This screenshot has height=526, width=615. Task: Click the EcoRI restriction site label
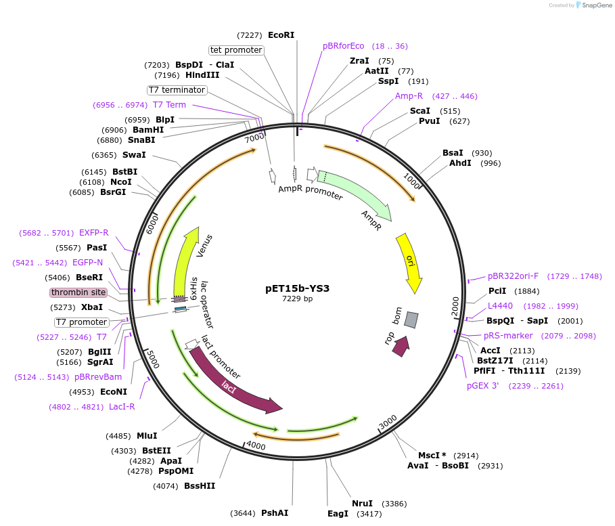coord(281,35)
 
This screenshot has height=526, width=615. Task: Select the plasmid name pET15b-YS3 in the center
coord(297,288)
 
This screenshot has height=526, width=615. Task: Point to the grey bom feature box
coord(411,320)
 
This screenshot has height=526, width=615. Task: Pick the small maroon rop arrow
coord(401,347)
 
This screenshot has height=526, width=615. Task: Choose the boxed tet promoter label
coord(236,50)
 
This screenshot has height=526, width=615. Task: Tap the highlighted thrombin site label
coord(78,292)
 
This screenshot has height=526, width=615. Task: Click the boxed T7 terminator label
coord(177,90)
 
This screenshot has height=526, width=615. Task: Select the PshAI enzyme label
coord(275,513)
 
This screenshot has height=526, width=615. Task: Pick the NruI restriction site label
coord(362,504)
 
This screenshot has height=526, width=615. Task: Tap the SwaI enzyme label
coord(134,155)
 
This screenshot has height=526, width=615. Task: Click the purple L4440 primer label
coord(500,306)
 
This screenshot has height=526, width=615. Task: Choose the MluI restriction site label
coord(147,436)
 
